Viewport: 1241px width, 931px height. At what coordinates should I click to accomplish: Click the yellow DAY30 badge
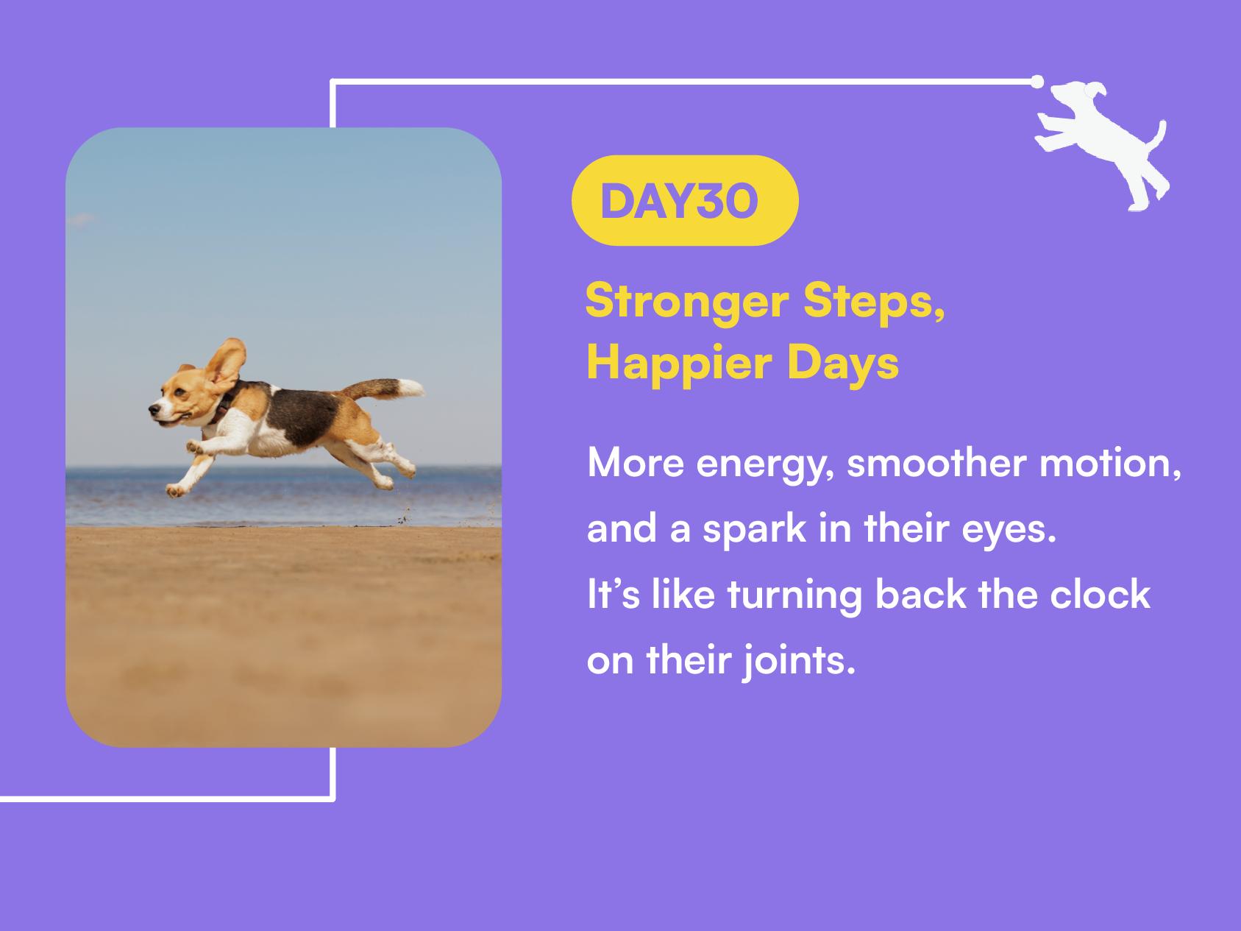coord(685,200)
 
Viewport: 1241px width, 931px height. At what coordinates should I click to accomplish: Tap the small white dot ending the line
coord(1037,80)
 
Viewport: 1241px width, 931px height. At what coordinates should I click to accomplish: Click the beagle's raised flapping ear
coord(227,365)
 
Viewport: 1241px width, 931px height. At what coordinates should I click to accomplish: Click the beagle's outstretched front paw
coord(174,489)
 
